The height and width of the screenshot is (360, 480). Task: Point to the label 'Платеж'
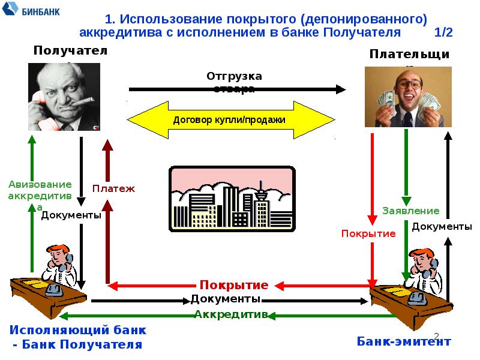(x=113, y=188)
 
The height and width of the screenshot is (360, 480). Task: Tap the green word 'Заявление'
(x=411, y=211)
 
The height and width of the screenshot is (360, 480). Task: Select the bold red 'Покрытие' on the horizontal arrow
(x=233, y=284)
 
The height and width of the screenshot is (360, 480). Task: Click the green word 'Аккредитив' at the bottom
(x=230, y=314)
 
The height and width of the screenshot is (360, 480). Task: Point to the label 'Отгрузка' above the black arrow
(x=235, y=76)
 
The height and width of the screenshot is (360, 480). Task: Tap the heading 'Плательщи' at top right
(x=410, y=55)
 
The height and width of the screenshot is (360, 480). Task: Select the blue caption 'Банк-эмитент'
(x=403, y=341)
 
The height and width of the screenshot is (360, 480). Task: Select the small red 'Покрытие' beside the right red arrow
(x=368, y=233)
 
